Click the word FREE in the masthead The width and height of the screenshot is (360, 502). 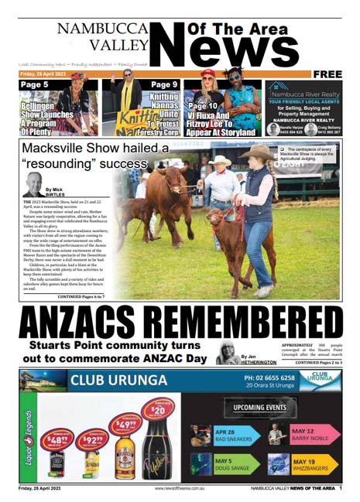tap(327, 73)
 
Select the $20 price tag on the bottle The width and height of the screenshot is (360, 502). tap(159, 408)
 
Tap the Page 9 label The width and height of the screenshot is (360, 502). tap(164, 84)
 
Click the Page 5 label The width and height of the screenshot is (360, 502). tap(34, 84)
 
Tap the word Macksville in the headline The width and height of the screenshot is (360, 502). tap(62, 149)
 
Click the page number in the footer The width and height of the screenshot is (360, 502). tap(341, 488)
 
